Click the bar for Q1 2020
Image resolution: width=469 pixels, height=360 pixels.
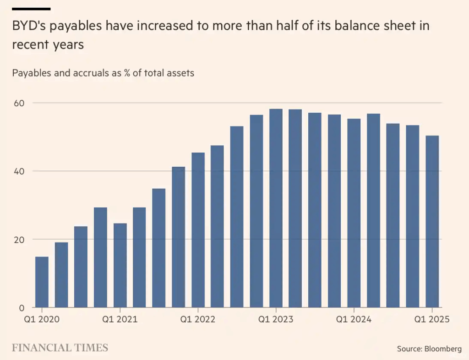(42, 282)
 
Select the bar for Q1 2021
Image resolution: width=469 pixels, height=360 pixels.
(120, 265)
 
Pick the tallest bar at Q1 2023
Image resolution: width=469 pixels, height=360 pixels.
(276, 208)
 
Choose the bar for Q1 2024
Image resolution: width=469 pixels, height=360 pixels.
(354, 213)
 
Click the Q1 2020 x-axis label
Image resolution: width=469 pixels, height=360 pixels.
(42, 319)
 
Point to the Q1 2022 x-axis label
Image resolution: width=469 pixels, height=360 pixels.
(198, 319)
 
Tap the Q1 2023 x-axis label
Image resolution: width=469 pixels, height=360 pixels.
(276, 319)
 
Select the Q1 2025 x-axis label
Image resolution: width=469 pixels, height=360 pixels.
(432, 319)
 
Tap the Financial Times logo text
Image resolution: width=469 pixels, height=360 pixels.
(60, 348)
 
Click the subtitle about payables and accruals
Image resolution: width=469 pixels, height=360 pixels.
(103, 73)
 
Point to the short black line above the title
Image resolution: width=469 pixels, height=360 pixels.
(31, 9)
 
